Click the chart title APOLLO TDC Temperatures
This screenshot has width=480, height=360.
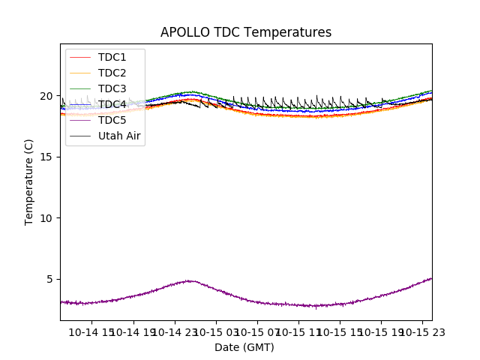246,32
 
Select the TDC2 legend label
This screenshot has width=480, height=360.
112,73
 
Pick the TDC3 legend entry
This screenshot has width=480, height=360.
112,88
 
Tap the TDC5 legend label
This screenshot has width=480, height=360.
112,120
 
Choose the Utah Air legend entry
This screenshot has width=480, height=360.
119,136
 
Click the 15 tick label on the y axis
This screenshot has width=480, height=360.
49,157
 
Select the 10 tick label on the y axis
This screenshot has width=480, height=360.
49,218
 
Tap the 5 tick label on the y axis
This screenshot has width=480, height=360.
52,279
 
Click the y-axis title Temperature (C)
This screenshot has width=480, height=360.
29,181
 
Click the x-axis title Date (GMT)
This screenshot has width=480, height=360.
244,347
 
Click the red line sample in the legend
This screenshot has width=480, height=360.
80,57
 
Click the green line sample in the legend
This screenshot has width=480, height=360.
80,88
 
